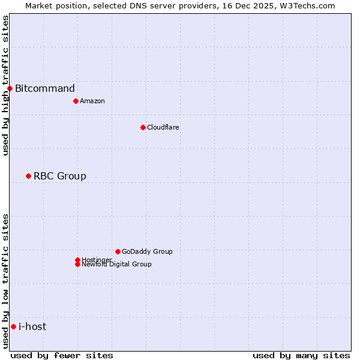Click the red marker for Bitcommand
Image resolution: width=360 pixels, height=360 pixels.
coord(10,89)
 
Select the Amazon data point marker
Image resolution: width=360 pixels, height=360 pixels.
coord(76,101)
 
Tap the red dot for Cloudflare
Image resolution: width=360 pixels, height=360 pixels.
coord(143,127)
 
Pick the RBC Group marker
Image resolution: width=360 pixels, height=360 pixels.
coord(28,176)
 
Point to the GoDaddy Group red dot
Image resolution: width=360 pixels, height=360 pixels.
coord(118,251)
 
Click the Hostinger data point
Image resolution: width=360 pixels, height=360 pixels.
coord(77,260)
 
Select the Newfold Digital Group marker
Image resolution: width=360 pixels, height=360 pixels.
coord(77,264)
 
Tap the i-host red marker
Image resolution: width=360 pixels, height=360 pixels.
coord(13,326)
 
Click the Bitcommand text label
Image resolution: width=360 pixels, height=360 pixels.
coord(45,89)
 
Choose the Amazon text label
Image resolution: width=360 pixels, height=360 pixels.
coord(92,101)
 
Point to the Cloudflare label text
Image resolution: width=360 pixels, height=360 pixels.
coord(163,127)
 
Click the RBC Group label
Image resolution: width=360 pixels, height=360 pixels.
coord(60,176)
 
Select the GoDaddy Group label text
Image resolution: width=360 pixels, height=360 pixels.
coord(147,251)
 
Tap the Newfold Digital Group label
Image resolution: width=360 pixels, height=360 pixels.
coord(117,265)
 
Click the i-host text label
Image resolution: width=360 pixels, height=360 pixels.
coord(32,326)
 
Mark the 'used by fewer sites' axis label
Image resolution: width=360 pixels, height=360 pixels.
coord(62,356)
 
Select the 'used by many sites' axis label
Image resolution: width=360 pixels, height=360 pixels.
coord(301,356)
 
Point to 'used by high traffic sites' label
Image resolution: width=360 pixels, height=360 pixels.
coord(5,85)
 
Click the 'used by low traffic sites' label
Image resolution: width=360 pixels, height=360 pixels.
coord(5,281)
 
